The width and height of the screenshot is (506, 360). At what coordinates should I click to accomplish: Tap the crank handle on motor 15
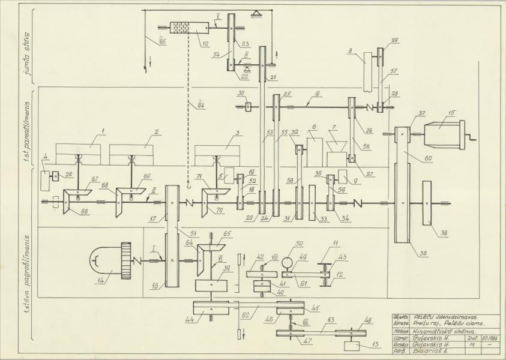471,136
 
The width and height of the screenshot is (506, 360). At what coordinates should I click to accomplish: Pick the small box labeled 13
351,347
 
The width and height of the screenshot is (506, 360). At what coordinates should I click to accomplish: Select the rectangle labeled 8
372,67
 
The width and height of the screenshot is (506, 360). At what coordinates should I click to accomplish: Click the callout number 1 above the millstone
103,130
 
